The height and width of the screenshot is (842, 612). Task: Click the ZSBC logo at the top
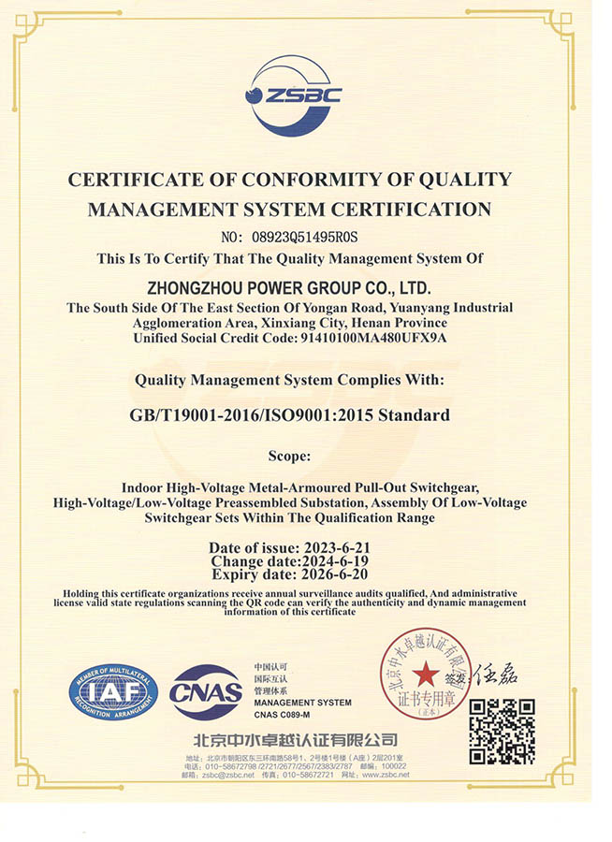tap(293, 94)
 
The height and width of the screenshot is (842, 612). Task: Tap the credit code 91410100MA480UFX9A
tap(372, 338)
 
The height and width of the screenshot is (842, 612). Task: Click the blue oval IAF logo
tap(107, 691)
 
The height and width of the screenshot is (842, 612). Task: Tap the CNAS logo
tap(206, 692)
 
